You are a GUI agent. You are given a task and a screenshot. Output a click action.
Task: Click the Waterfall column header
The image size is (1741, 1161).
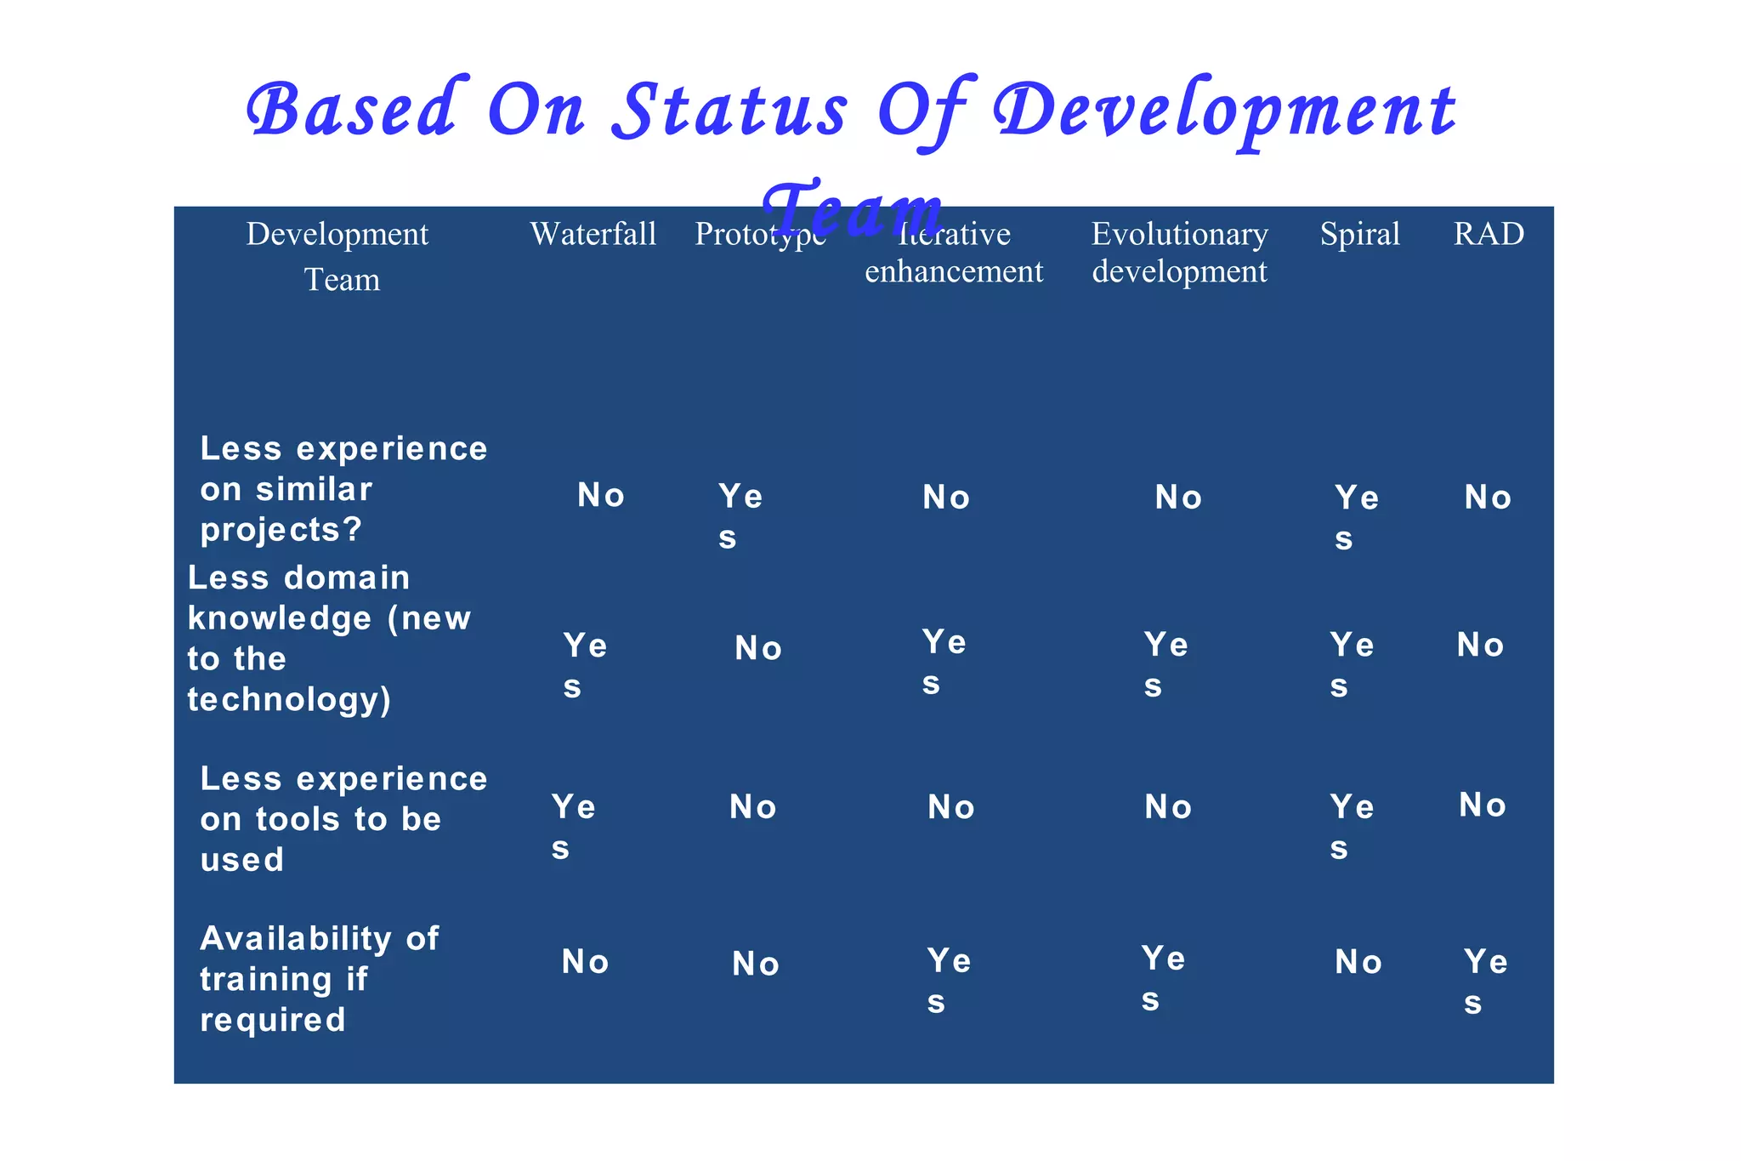[x=593, y=234]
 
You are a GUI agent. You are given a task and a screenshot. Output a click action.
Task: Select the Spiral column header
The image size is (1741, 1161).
[x=1359, y=234]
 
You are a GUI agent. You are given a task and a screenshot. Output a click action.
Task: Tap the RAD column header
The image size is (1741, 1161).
[x=1489, y=234]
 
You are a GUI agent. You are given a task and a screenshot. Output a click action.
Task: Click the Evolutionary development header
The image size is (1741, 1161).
[x=1179, y=253]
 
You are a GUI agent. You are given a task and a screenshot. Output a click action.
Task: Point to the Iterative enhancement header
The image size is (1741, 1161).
[x=954, y=253]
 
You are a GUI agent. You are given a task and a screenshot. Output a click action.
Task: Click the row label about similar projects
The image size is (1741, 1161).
[x=343, y=489]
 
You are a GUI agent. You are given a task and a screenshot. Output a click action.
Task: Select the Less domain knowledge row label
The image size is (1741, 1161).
[x=328, y=638]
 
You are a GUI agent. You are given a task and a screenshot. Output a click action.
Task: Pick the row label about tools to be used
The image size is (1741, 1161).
[x=343, y=818]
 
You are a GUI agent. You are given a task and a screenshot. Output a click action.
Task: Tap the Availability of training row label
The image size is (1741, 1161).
[x=319, y=978]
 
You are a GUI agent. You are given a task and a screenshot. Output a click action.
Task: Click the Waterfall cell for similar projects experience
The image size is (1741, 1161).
[x=601, y=496]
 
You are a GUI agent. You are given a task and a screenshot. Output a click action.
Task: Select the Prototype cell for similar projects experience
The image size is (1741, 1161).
[x=740, y=515]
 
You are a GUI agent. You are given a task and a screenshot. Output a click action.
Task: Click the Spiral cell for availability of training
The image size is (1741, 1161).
[x=1358, y=963]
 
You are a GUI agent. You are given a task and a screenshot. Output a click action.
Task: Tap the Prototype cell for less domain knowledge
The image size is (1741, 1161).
[x=757, y=649]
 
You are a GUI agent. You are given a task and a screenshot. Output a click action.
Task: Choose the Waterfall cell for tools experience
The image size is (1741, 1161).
[x=573, y=826]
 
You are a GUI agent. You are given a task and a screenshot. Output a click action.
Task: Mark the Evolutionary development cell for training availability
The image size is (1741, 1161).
[x=1162, y=978]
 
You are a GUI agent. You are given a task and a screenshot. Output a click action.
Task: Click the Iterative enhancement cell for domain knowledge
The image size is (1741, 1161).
[x=944, y=662]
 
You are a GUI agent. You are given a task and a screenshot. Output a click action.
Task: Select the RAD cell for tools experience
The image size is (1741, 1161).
[x=1483, y=805]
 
